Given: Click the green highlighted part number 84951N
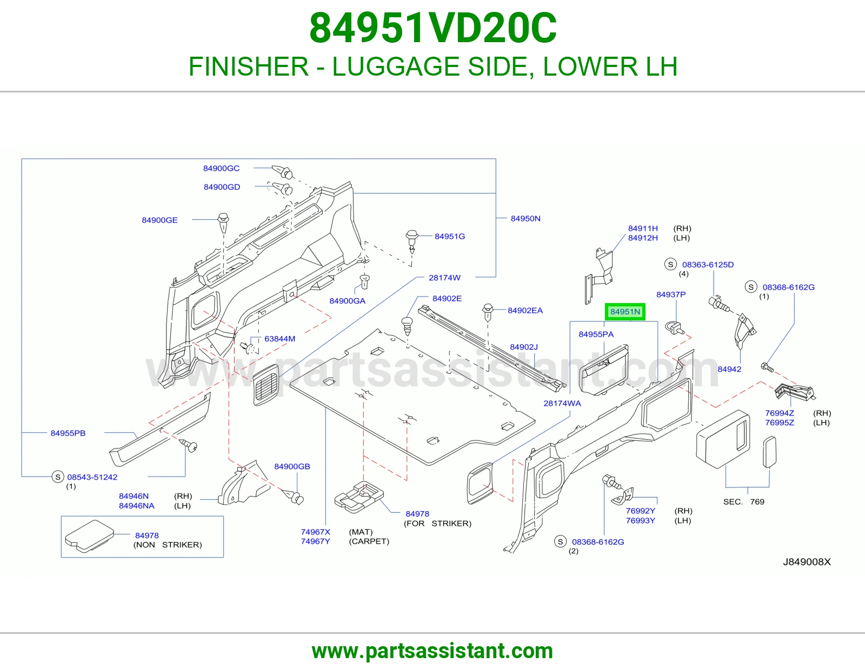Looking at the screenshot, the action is coord(625,312).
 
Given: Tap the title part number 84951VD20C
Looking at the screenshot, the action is coord(432,28).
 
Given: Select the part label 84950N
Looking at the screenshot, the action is coord(525,218).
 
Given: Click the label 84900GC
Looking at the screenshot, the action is coord(221,168).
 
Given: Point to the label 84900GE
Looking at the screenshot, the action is coord(159,220).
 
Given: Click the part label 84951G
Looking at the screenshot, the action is coord(450,236).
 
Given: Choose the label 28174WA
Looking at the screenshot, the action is coord(562,404).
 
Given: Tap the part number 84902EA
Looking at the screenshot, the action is coord(525,310).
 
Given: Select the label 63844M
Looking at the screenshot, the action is coord(280,339).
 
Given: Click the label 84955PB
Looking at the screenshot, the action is coord(68,433).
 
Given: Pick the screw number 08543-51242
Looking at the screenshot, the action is coord(92,477).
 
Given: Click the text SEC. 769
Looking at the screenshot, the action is coord(743,502).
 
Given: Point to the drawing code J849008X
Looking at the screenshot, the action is coord(807,562).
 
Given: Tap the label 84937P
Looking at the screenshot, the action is coord(671,294).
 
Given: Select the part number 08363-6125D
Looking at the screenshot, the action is coord(708,265).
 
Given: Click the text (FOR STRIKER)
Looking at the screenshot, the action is coord(437,523).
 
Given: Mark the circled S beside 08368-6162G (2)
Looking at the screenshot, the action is coord(561,541).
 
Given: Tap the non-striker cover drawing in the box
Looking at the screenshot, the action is coord(90,536).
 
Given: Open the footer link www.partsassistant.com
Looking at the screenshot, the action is coord(432,651).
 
